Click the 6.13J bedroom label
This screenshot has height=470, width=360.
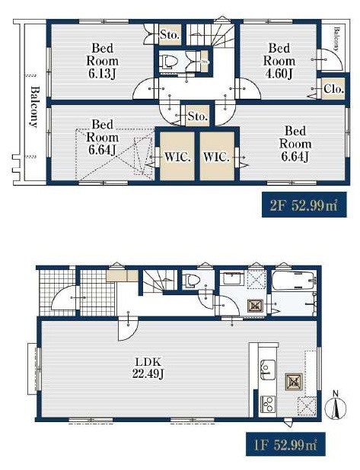[102, 61]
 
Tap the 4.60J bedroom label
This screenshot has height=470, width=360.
[279, 61]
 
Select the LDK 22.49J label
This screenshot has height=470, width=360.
[148, 368]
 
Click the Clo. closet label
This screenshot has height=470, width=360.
[333, 89]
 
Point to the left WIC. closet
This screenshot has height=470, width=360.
[177, 156]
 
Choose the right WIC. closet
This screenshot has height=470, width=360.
[217, 156]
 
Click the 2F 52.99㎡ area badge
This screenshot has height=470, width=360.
[304, 205]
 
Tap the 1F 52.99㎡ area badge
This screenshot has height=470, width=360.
[285, 444]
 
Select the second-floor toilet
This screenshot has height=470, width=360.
[169, 62]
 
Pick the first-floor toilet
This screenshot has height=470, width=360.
[191, 281]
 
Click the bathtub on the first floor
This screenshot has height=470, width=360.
[293, 280]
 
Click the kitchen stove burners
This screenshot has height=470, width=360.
[268, 405]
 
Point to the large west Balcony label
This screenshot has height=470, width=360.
[35, 107]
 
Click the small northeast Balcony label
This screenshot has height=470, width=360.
[336, 40]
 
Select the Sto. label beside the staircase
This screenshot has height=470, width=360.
[170, 35]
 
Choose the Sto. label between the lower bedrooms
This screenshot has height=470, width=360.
[198, 116]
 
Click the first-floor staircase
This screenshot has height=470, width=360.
[159, 281]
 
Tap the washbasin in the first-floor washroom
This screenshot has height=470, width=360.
[233, 278]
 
